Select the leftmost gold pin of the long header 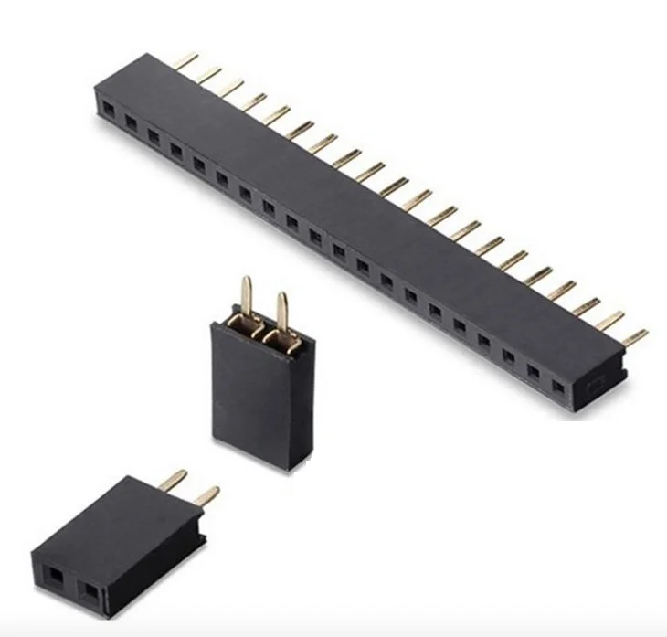tap(185, 60)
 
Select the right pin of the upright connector tap(283, 312)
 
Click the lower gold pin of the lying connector tap(206, 496)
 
